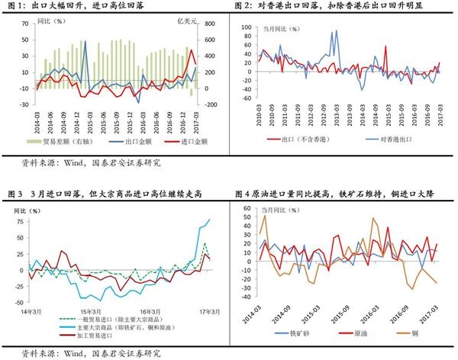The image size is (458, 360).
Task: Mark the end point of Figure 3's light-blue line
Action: point(210,220)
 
